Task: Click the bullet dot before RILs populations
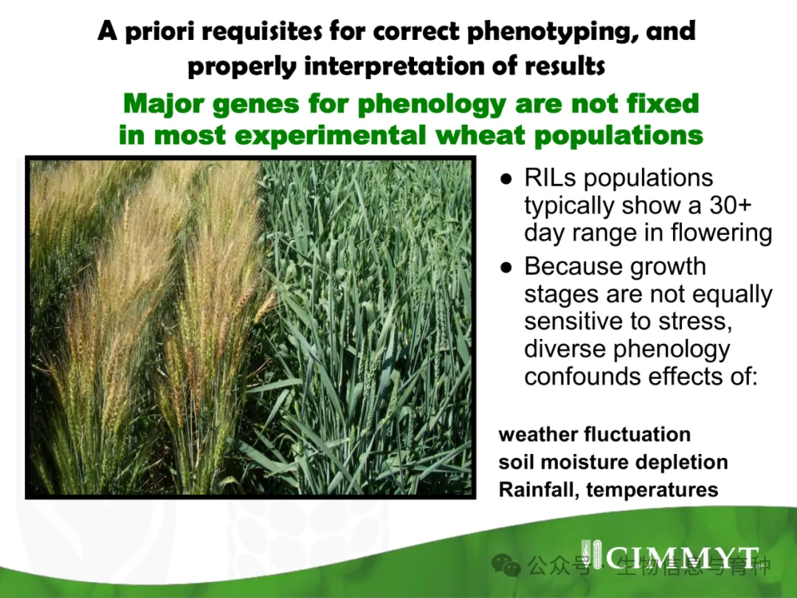(x=506, y=179)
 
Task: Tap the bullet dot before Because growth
(x=506, y=267)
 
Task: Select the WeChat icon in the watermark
(x=506, y=565)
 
